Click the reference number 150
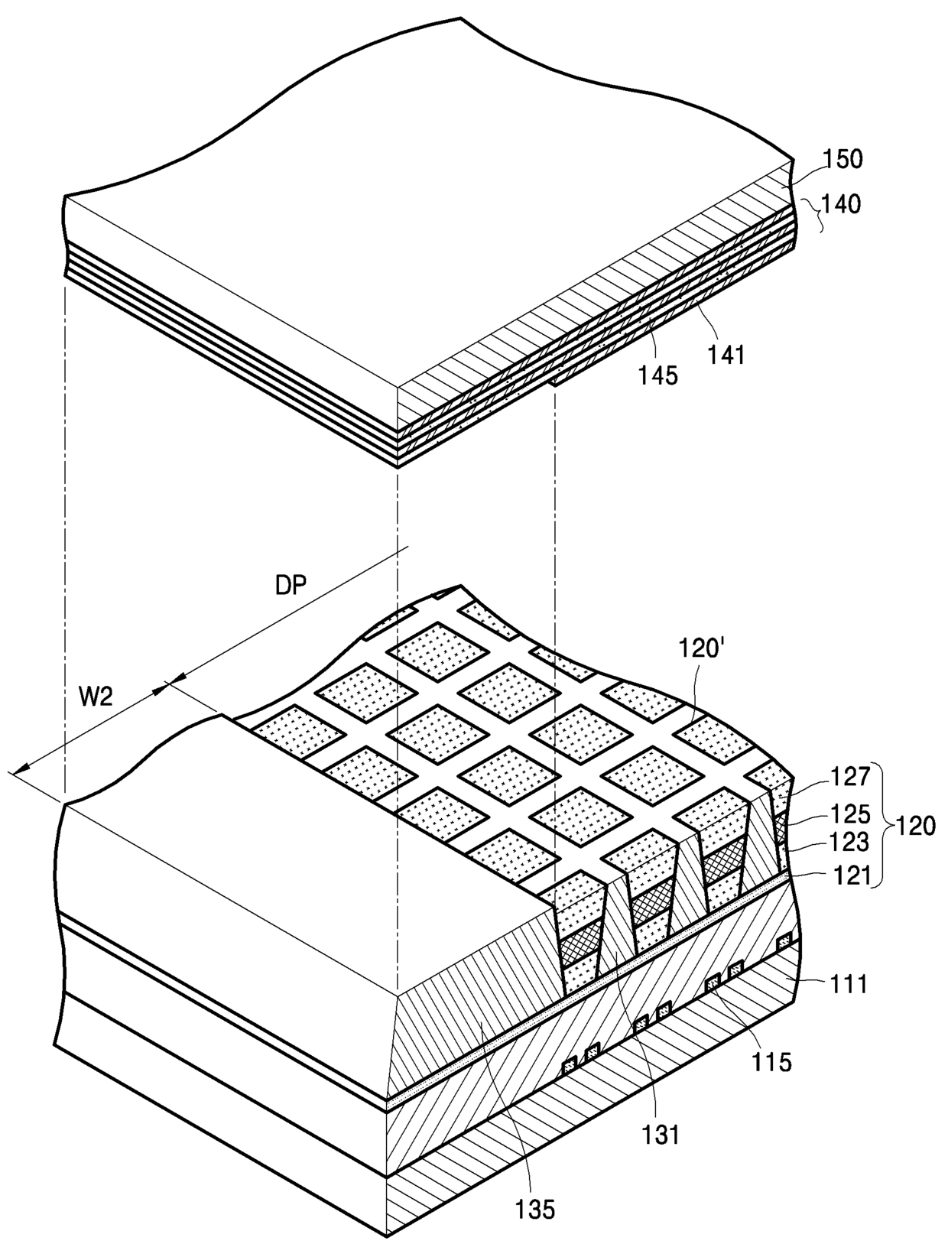(x=842, y=159)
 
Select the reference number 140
(x=841, y=203)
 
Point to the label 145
(x=658, y=375)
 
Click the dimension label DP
(x=291, y=586)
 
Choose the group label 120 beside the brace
(x=914, y=826)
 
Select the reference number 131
(x=661, y=1135)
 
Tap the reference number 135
(x=535, y=1210)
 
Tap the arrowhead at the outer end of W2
(x=18, y=768)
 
